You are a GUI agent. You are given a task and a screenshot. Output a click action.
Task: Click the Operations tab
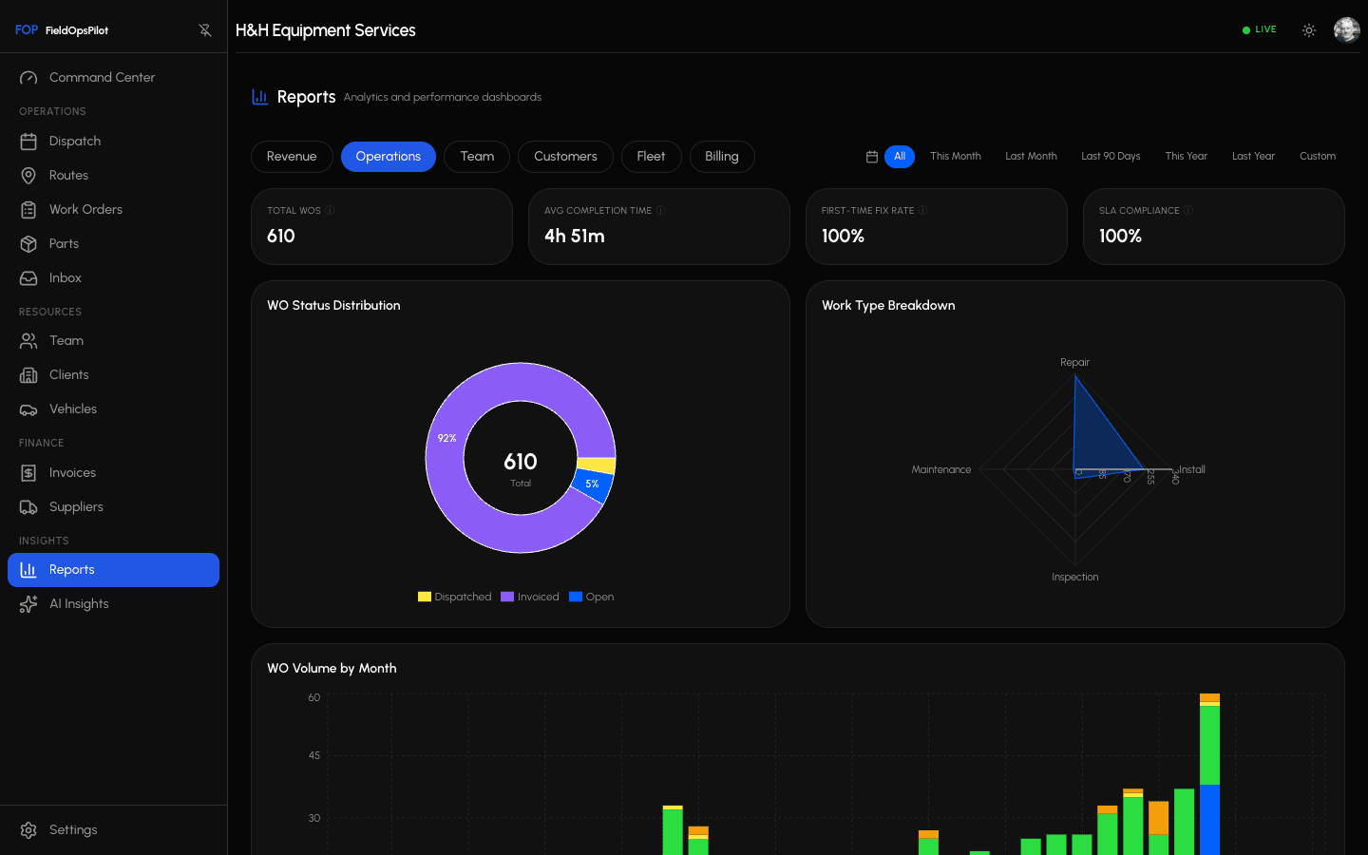(x=388, y=157)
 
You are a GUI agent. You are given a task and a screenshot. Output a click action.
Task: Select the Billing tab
(x=721, y=157)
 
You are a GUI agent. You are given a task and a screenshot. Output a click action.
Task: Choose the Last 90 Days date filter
(x=1110, y=157)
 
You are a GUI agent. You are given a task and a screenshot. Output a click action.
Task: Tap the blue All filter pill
(x=899, y=157)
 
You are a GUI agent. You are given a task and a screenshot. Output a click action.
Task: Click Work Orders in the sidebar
(x=85, y=210)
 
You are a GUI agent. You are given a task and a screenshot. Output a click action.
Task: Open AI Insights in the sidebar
(x=79, y=604)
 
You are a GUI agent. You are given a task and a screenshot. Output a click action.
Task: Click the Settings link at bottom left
(x=72, y=830)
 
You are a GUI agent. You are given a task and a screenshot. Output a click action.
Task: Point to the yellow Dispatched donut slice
(x=598, y=465)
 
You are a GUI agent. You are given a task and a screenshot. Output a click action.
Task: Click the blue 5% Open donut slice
(x=593, y=485)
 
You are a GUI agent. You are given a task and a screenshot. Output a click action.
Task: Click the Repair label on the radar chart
(x=1074, y=363)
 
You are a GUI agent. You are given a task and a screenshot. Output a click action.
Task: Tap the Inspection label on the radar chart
(x=1074, y=578)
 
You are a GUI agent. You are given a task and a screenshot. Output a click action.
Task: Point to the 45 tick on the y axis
(x=313, y=756)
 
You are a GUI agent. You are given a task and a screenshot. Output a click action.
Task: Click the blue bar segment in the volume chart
(x=1209, y=819)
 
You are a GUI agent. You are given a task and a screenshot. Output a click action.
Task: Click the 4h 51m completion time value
(x=575, y=237)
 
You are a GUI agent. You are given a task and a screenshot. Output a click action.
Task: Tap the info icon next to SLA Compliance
(x=1188, y=211)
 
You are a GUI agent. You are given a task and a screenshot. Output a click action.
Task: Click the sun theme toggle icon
(x=1308, y=30)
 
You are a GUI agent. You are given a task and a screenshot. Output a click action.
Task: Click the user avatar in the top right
(x=1346, y=30)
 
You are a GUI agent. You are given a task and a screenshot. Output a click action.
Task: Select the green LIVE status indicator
(x=1259, y=30)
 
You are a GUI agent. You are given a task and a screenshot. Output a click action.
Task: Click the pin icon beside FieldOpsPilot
(x=205, y=30)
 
